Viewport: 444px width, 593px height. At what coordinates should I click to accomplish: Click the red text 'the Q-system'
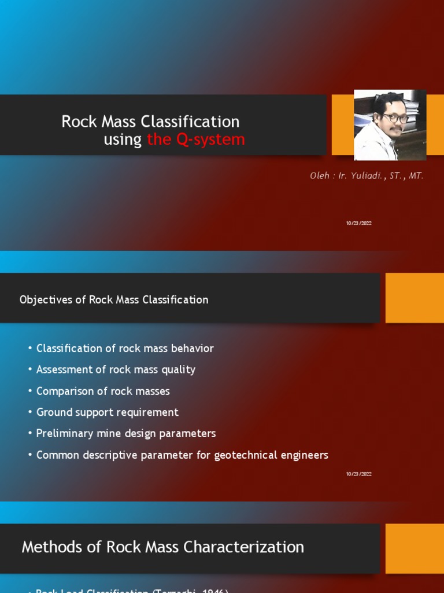point(196,140)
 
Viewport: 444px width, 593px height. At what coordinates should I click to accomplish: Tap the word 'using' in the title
point(123,140)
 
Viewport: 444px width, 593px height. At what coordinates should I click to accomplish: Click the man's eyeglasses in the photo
point(395,118)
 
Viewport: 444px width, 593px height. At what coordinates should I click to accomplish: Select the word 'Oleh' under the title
point(320,176)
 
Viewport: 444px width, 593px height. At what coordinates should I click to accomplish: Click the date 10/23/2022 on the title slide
point(358,223)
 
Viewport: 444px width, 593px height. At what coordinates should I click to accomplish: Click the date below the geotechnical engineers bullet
point(358,474)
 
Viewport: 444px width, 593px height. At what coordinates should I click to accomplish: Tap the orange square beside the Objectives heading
point(415,298)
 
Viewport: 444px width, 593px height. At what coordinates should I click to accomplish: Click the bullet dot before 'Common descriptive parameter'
point(29,455)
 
